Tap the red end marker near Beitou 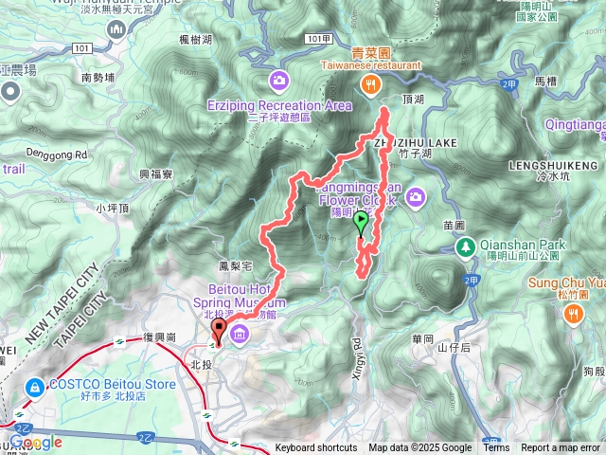click(220, 333)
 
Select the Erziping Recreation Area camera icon click(278, 80)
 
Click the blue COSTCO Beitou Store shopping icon click(34, 387)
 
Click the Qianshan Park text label click(523, 245)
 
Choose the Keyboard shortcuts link click(318, 448)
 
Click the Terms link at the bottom click(497, 448)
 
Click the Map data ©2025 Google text click(420, 448)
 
